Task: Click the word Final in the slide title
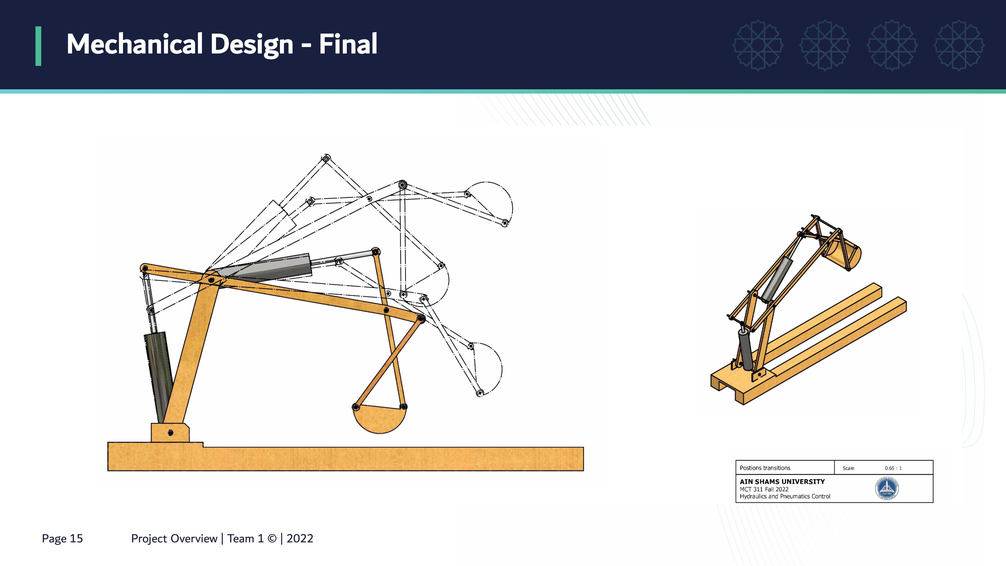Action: (x=348, y=44)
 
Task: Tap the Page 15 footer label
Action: (x=62, y=539)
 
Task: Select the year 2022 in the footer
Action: (x=300, y=539)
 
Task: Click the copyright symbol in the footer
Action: (x=272, y=539)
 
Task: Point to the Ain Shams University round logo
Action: (x=887, y=488)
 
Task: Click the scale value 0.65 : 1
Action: (x=893, y=468)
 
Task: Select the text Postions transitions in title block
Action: (x=765, y=468)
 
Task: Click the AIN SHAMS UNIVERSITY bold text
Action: (x=782, y=482)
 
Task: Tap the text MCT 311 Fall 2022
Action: (x=764, y=489)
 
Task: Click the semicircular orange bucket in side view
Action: (x=380, y=419)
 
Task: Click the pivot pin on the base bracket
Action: (x=170, y=433)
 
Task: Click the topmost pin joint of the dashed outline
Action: (x=326, y=158)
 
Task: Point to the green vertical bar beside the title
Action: (x=38, y=46)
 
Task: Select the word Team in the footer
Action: (x=241, y=539)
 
